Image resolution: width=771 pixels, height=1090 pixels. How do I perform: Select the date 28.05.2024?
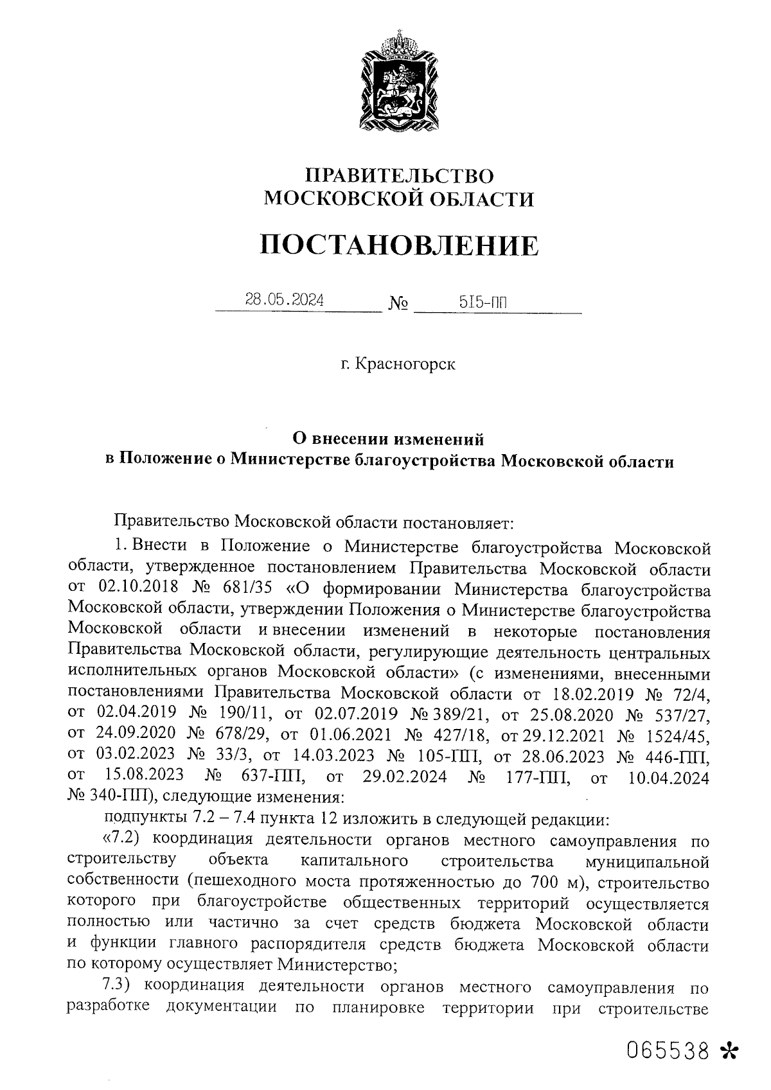pyautogui.click(x=284, y=300)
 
